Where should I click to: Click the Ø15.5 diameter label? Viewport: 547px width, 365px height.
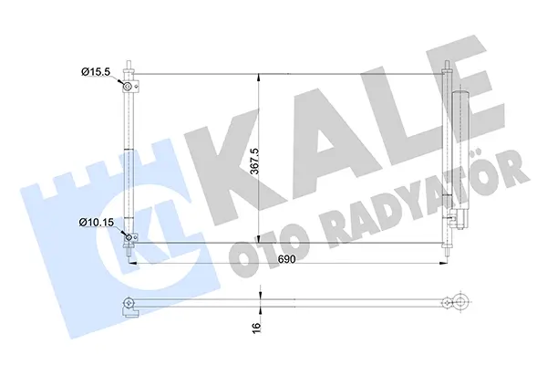(x=96, y=72)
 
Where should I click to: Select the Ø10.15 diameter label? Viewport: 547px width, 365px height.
(x=97, y=222)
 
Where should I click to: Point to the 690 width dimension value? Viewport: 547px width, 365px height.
(x=287, y=259)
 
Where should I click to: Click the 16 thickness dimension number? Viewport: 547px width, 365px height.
(x=256, y=327)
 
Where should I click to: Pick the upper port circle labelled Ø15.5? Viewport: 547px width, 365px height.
(x=128, y=86)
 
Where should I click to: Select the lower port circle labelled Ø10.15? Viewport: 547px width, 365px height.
(x=129, y=238)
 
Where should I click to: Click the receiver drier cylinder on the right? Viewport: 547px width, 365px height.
(x=460, y=151)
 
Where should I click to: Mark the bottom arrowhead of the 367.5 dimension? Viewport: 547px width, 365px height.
(x=258, y=238)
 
